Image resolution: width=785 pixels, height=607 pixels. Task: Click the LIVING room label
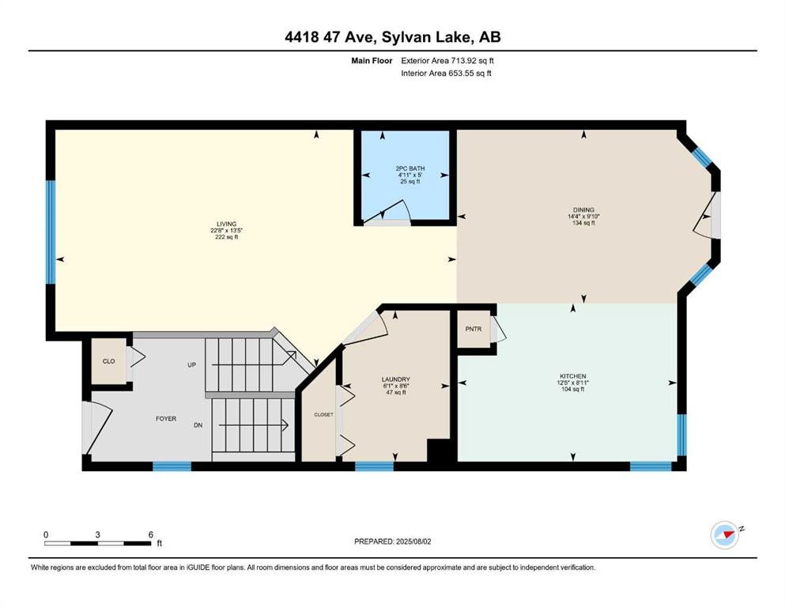tap(226, 224)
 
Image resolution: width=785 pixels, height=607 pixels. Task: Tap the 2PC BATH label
tap(410, 168)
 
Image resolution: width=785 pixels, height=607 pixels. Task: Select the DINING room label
tap(583, 210)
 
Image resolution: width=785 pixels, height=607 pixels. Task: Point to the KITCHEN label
tap(572, 376)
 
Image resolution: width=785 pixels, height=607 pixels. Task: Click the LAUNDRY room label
tap(395, 380)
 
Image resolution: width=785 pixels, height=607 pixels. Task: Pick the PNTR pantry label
tap(473, 330)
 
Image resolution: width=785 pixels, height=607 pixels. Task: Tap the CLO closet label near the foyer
tap(108, 361)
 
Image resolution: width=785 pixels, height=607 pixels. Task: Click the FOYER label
tap(166, 419)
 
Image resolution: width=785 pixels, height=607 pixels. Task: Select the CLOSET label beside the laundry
tap(323, 415)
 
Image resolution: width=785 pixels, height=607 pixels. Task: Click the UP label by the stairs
tap(192, 365)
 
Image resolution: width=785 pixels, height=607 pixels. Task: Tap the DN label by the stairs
tap(198, 425)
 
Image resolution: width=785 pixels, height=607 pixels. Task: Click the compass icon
tap(725, 535)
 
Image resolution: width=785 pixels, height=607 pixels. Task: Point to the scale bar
tap(97, 543)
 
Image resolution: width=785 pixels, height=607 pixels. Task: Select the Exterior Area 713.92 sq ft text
tap(447, 61)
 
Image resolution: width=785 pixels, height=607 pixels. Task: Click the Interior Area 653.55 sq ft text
tap(446, 74)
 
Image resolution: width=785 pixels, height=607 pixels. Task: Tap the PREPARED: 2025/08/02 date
tap(392, 541)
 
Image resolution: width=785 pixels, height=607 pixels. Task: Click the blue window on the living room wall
tap(51, 232)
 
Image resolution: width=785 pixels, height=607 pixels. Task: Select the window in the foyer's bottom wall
tap(172, 466)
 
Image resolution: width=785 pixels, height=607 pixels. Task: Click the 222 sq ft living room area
tap(226, 237)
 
